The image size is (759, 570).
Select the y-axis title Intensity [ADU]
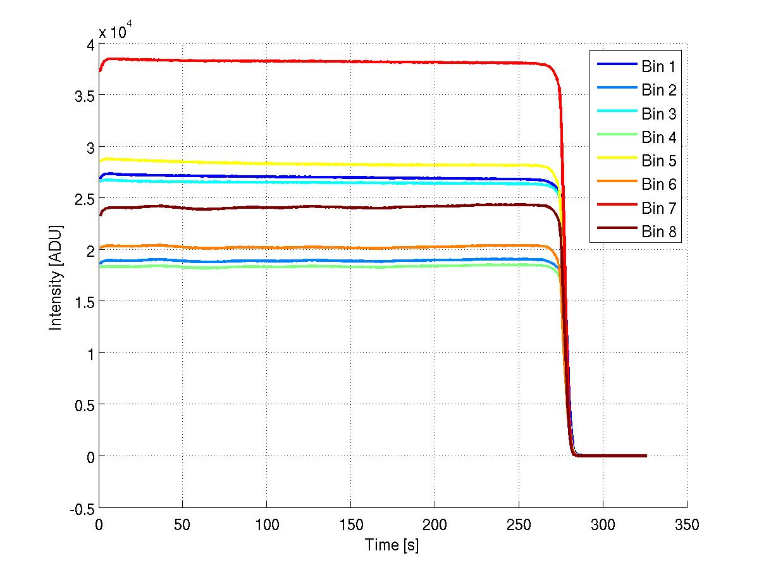click(56, 276)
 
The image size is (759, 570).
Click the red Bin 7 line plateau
click(316, 61)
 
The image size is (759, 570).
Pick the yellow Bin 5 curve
click(316, 164)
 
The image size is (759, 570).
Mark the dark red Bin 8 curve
click(316, 207)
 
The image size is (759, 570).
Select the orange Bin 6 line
click(316, 247)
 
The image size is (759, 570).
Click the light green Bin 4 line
click(316, 266)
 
